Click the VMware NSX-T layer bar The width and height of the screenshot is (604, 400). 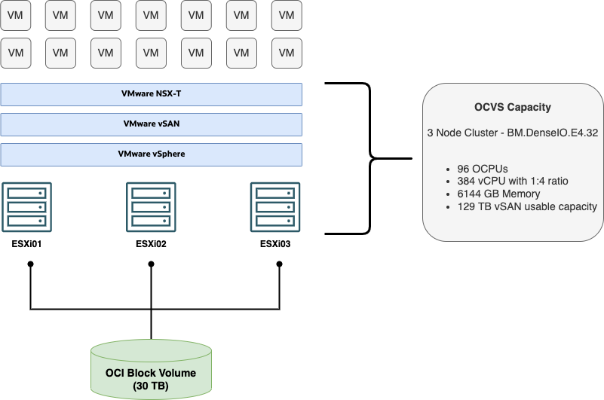click(x=151, y=94)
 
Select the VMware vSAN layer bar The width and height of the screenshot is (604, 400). click(x=151, y=124)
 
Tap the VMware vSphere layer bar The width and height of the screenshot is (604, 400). click(x=151, y=154)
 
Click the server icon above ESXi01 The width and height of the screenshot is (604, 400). click(x=26, y=206)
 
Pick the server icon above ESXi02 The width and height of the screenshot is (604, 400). click(x=151, y=206)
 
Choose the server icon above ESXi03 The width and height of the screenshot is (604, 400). click(x=275, y=206)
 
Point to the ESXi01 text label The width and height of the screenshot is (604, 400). click(x=26, y=243)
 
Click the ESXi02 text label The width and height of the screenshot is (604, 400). click(x=151, y=243)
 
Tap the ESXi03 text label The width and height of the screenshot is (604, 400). click(x=275, y=243)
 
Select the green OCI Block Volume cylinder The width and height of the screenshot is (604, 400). click(x=151, y=369)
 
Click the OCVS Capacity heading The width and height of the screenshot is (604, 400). click(x=512, y=107)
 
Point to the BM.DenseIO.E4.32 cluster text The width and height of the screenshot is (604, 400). click(x=512, y=133)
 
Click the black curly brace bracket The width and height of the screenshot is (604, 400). click(x=369, y=158)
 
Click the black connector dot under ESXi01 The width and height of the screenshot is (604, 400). click(x=30, y=264)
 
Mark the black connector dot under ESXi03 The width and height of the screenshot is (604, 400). click(x=280, y=264)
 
